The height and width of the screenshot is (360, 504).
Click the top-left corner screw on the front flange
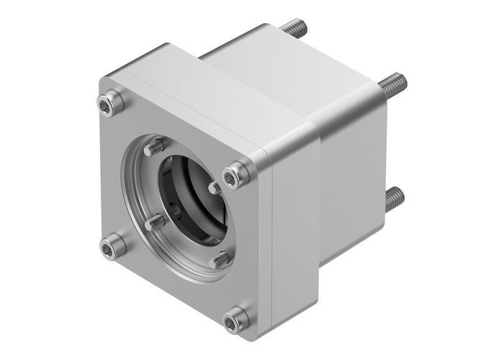111,103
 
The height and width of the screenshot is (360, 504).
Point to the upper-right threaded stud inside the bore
215,187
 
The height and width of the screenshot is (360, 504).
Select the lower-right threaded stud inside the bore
220,258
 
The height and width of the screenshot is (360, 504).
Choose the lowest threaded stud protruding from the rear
394,199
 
